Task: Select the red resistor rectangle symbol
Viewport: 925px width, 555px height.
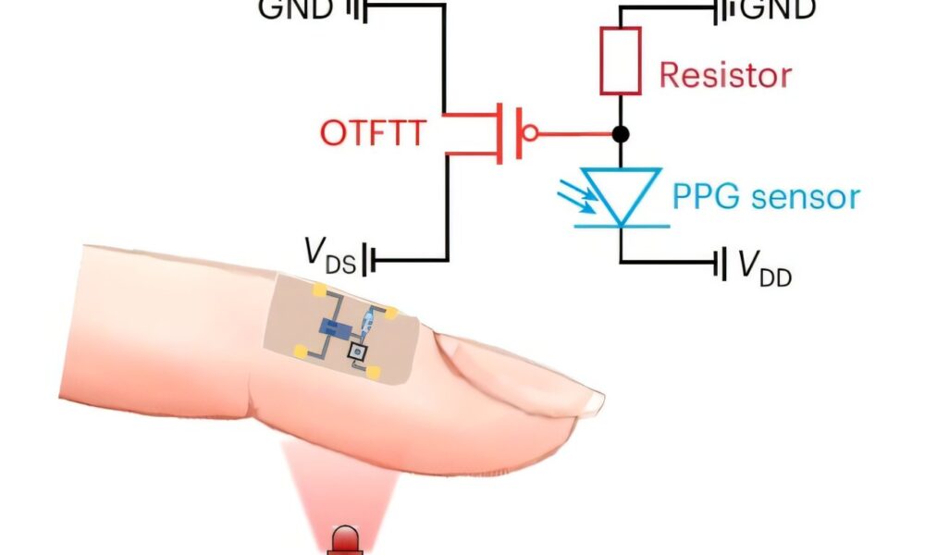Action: (621, 61)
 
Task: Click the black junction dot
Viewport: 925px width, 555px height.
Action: (621, 134)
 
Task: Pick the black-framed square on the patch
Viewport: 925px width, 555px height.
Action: (355, 351)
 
